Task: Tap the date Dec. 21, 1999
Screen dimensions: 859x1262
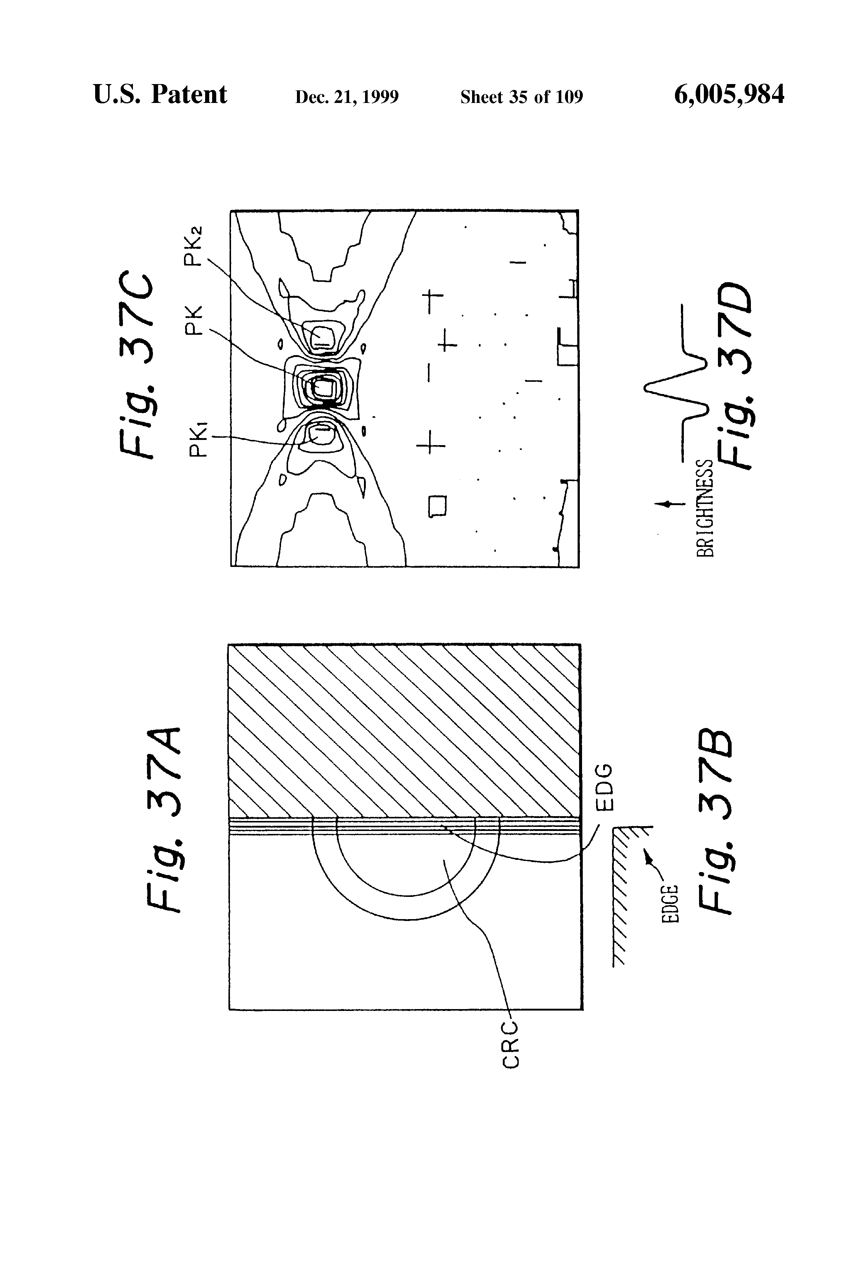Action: (347, 97)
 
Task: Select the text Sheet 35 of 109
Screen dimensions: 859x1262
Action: (521, 97)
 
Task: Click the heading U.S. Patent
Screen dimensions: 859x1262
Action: (160, 94)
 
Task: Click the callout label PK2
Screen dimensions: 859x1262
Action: (193, 246)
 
